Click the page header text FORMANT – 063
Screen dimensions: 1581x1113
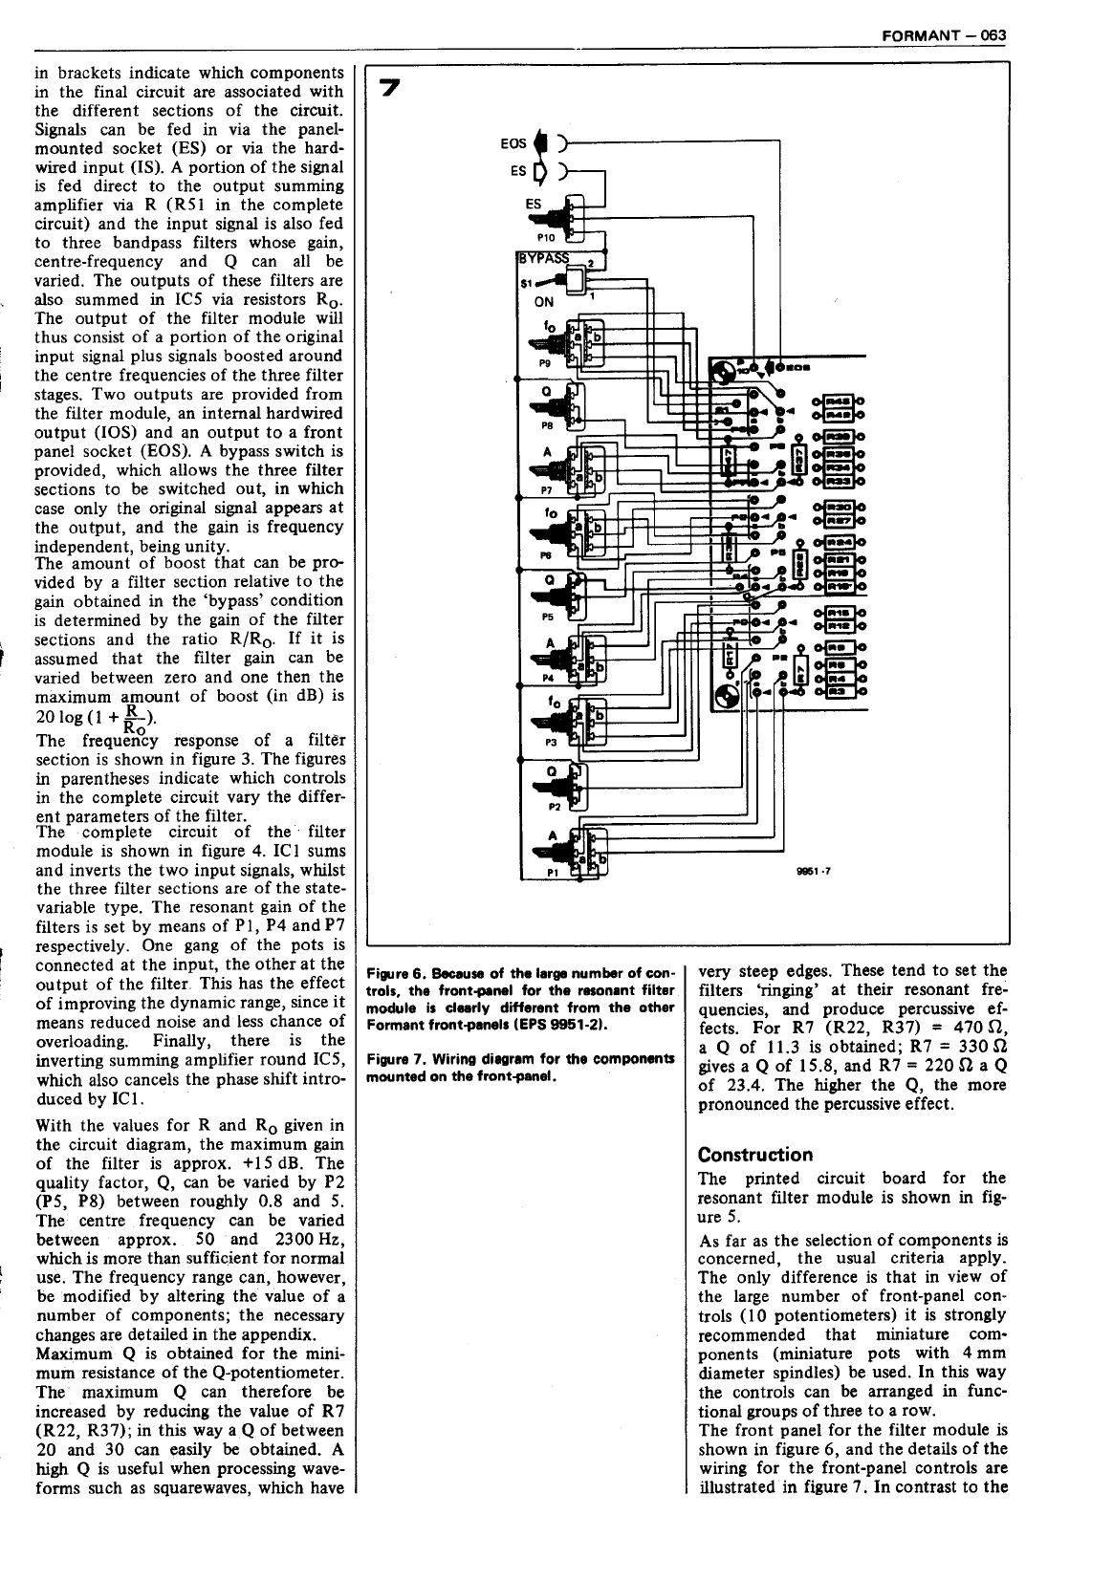click(x=944, y=35)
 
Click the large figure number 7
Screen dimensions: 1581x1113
click(x=388, y=88)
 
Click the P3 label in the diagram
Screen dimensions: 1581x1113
click(x=550, y=741)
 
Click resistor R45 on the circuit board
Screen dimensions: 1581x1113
click(x=839, y=401)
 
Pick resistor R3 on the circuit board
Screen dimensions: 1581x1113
click(x=839, y=688)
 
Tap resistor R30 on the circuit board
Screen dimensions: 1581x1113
click(x=839, y=508)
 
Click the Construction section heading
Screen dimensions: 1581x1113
click(x=755, y=1155)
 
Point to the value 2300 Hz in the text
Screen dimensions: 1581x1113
click(x=310, y=1240)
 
